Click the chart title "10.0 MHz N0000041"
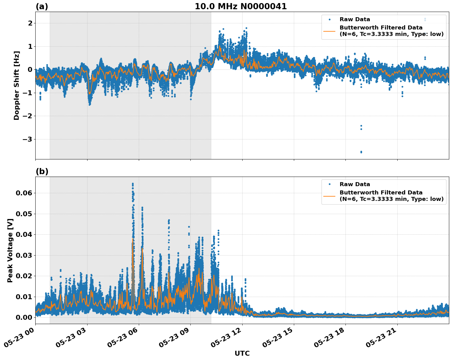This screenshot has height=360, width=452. coord(240,6)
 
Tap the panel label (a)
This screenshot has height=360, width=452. coord(42,6)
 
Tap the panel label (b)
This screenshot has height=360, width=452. coord(42,171)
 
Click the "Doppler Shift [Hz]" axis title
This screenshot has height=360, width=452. coord(17,85)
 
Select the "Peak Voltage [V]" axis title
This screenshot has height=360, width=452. coord(10,250)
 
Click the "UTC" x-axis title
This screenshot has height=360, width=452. coord(242,353)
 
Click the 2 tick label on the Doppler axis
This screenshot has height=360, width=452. coord(30,23)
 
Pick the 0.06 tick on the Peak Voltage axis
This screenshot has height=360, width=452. coord(24,193)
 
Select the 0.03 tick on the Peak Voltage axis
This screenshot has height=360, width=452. coord(24,255)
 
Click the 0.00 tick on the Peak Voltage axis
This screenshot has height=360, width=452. coord(24,317)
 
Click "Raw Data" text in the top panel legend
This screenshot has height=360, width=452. coord(355,19)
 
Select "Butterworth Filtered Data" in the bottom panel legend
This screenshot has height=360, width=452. coord(381,193)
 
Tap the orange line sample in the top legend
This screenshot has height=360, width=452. coord(329,31)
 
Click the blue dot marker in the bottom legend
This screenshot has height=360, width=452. coord(329,184)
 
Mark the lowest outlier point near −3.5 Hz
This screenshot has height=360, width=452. coord(361,152)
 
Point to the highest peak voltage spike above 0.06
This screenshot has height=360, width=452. coord(133,184)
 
